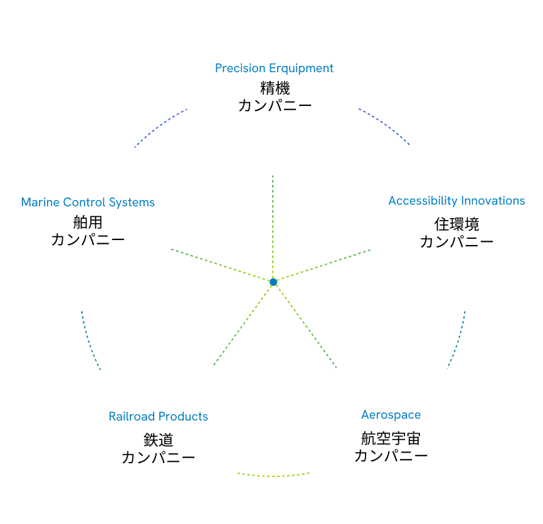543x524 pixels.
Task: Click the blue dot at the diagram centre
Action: [x=273, y=283]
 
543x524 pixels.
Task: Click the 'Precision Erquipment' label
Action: [x=274, y=68]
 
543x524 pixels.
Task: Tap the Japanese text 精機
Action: [x=275, y=88]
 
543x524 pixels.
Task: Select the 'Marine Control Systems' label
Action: [x=88, y=202]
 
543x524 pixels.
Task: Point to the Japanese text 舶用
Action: [x=87, y=223]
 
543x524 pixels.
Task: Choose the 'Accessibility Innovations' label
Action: [x=456, y=201]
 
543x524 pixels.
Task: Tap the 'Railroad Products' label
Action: [x=158, y=417]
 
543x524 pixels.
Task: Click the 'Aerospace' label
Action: [x=391, y=415]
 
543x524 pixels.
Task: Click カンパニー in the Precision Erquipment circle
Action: [x=275, y=105]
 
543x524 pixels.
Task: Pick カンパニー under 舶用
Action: [x=88, y=239]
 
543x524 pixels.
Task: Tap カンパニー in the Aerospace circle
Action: [x=391, y=456]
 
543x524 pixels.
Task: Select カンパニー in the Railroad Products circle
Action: [x=158, y=458]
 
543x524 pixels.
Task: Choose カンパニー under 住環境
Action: [x=456, y=241]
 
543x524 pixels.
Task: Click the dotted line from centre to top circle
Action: [x=273, y=226]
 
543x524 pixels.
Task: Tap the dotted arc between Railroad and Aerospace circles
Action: [x=274, y=474]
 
